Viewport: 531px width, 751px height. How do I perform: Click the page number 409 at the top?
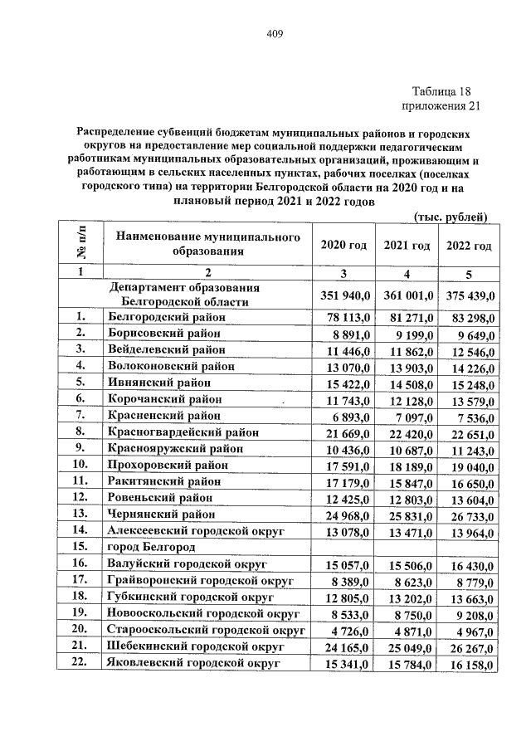[275, 33]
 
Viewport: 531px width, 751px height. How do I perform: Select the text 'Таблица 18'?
[446, 91]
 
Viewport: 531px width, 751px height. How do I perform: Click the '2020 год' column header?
[343, 246]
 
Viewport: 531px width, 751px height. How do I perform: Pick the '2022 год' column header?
[469, 246]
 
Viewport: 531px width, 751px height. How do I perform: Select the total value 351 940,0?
[343, 295]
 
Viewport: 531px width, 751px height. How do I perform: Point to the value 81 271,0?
[407, 317]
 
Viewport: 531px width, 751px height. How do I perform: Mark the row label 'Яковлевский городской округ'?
[192, 664]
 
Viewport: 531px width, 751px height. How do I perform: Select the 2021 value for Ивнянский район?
[407, 383]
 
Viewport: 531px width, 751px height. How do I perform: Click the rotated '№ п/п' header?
[80, 244]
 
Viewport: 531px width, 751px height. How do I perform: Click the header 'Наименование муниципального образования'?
[207, 244]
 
